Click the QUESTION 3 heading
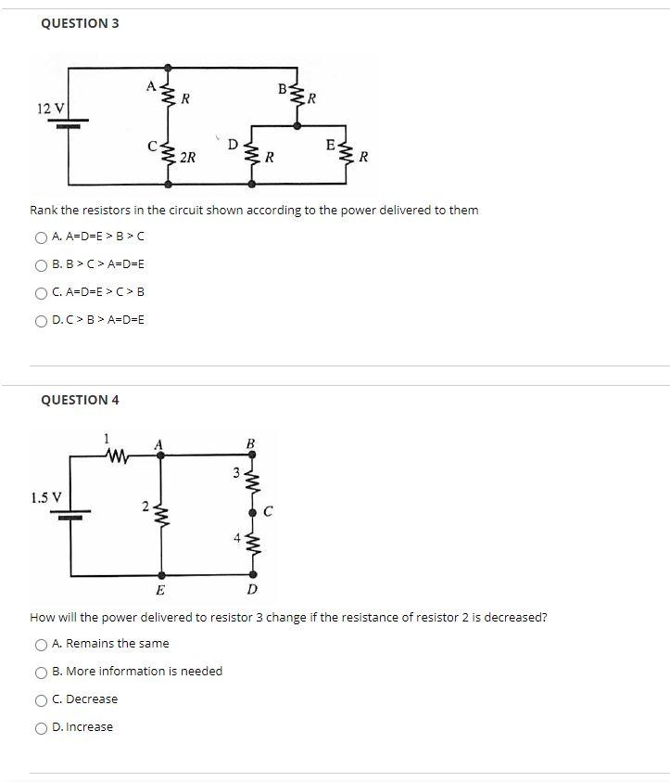click(x=80, y=23)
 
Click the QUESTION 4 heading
click(x=80, y=400)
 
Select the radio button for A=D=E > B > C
click(x=42, y=237)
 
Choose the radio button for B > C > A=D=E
click(x=42, y=264)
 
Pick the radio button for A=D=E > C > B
click(x=42, y=292)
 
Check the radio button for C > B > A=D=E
click(x=42, y=320)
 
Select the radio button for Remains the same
click(x=42, y=644)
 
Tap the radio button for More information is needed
click(x=42, y=672)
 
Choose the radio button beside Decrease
click(x=42, y=699)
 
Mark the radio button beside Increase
click(x=42, y=727)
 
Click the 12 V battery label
click(x=51, y=109)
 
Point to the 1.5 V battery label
click(x=46, y=497)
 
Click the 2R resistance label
click(x=187, y=158)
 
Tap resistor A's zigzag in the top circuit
click(x=168, y=95)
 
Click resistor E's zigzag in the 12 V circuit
click(x=347, y=154)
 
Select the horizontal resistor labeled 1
click(x=118, y=455)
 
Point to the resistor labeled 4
click(x=250, y=541)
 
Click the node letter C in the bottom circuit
click(x=268, y=511)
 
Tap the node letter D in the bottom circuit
click(x=251, y=590)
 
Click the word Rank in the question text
click(x=45, y=210)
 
